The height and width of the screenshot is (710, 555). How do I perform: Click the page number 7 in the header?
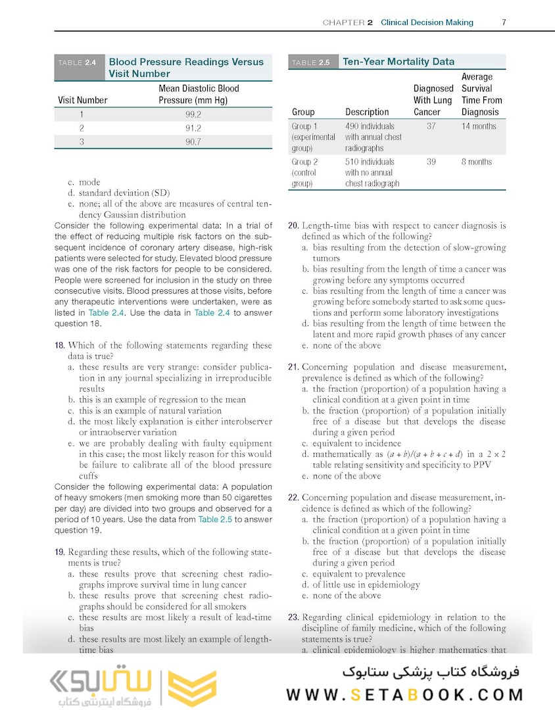pyautogui.click(x=504, y=22)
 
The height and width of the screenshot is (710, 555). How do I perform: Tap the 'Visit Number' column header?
pyautogui.click(x=83, y=101)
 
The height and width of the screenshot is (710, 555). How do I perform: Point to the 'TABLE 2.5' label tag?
pyautogui.click(x=311, y=62)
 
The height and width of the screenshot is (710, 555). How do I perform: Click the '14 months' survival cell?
pyautogui.click(x=479, y=126)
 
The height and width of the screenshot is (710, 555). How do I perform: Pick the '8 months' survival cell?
pyautogui.click(x=477, y=162)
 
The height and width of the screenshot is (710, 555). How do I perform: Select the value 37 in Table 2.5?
pyautogui.click(x=431, y=126)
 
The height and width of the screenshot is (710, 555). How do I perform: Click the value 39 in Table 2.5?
pyautogui.click(x=431, y=162)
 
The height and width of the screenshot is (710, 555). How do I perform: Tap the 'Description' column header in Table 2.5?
pyautogui.click(x=367, y=112)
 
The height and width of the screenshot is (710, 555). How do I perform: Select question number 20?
pyautogui.click(x=294, y=225)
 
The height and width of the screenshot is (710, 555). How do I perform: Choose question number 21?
pyautogui.click(x=294, y=367)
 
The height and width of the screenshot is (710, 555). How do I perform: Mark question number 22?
pyautogui.click(x=294, y=497)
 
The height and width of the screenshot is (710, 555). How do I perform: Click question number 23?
pyautogui.click(x=294, y=617)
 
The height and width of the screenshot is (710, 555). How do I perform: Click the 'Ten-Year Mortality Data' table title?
pyautogui.click(x=398, y=62)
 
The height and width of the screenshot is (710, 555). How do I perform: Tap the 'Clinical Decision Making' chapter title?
pyautogui.click(x=427, y=22)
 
